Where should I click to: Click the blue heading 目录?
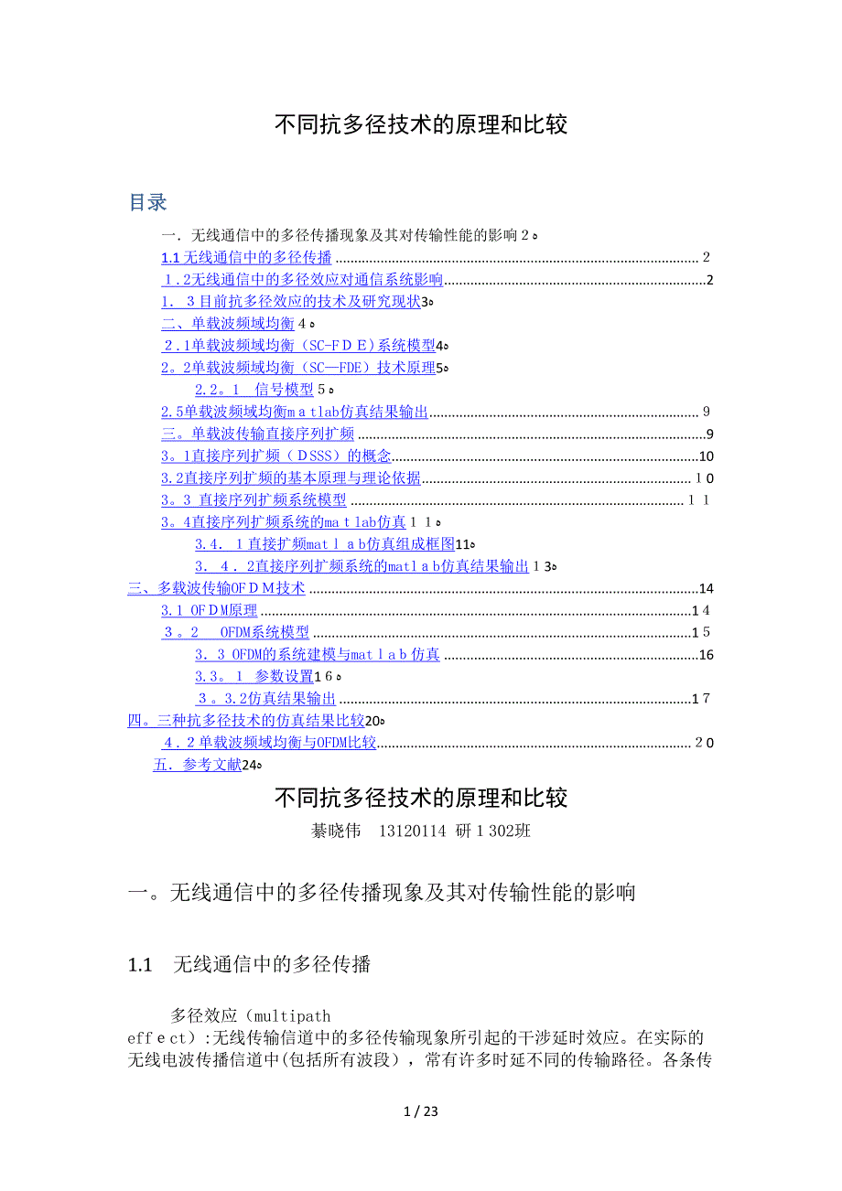[x=147, y=203]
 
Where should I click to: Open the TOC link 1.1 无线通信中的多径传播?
[x=246, y=258]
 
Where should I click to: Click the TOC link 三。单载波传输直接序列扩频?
[x=257, y=435]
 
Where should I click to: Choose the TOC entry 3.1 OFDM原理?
[x=209, y=611]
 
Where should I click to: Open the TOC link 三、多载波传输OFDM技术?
[x=216, y=588]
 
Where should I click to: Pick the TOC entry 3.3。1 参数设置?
[x=254, y=677]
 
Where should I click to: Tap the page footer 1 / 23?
[x=421, y=1112]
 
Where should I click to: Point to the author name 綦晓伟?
[x=337, y=832]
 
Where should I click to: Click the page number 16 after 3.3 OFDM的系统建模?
[x=705, y=655]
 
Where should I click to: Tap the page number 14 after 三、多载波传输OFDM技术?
[x=705, y=588]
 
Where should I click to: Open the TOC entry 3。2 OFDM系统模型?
[x=235, y=633]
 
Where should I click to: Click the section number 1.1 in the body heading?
[x=140, y=965]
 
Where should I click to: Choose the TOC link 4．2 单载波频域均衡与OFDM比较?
[x=269, y=743]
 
